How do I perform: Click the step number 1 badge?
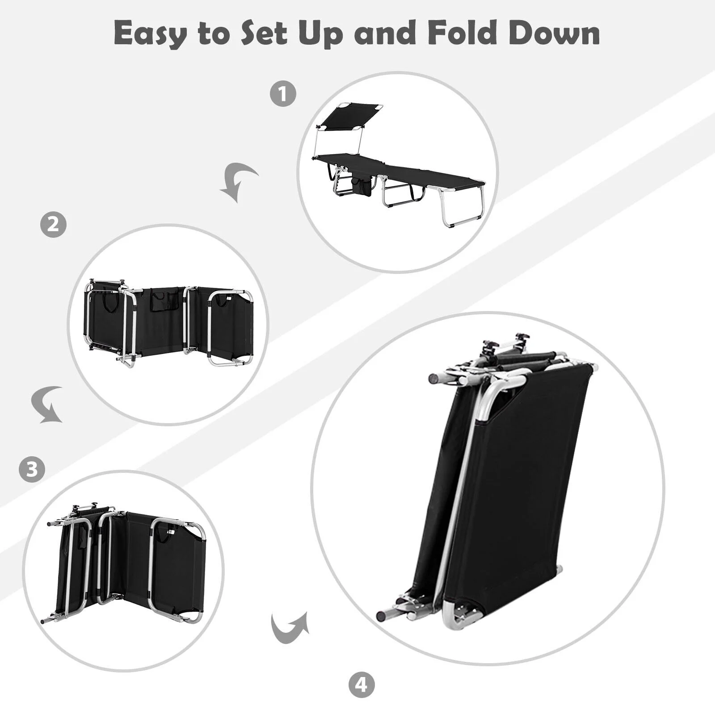[283, 94]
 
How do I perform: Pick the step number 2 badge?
[53, 223]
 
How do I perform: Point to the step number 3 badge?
[32, 469]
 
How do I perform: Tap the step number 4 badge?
[361, 684]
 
